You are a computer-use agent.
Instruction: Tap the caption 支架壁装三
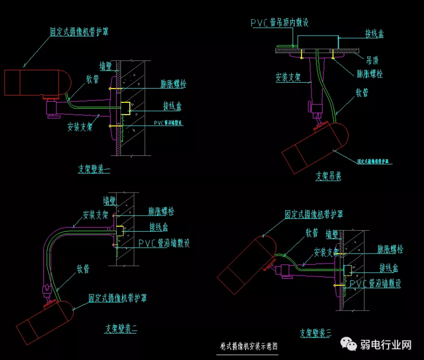coord(315,333)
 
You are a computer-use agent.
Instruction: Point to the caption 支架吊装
coord(329,176)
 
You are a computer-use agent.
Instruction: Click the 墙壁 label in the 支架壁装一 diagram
coord(108,66)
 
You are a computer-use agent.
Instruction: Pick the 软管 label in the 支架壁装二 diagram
coord(83,269)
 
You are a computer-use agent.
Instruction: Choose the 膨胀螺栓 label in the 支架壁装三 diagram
coord(390,249)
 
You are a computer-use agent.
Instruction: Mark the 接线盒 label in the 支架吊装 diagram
coord(374,34)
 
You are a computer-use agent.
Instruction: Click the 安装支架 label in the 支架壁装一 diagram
coord(80,127)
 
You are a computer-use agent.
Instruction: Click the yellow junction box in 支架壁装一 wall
coord(126,108)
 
